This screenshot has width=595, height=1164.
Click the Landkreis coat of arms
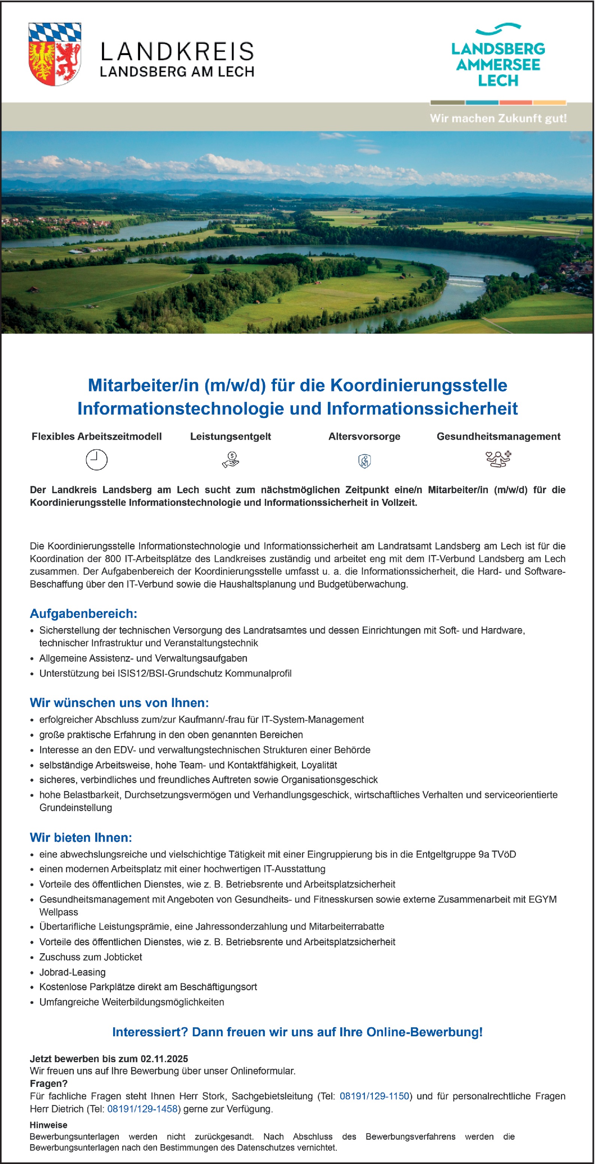point(55,54)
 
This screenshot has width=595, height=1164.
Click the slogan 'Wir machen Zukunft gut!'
point(498,118)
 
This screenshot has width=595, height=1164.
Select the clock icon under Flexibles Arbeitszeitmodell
point(96,460)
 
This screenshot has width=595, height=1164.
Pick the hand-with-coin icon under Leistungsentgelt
point(230,460)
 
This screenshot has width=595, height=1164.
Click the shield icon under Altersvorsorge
point(365,461)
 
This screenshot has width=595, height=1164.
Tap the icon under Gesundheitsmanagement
point(498,459)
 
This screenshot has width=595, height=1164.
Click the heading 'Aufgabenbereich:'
point(83,613)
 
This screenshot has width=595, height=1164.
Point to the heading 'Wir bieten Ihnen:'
point(81,837)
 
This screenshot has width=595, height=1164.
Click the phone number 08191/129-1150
point(374,1096)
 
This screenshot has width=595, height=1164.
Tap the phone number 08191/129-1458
point(142,1109)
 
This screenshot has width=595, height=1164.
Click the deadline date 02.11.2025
point(164,1059)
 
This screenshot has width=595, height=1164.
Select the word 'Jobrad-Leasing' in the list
point(72,972)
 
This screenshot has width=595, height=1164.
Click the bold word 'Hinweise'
point(48,1125)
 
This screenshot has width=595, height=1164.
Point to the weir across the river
point(466,281)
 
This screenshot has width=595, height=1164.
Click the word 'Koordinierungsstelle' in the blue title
point(419,385)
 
